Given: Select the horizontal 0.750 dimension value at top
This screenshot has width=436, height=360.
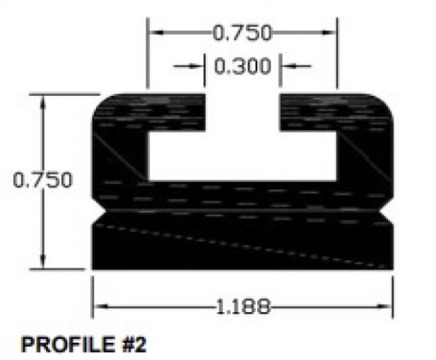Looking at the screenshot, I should pyautogui.click(x=242, y=33).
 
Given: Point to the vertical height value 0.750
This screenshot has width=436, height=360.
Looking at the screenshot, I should pyautogui.click(x=42, y=180).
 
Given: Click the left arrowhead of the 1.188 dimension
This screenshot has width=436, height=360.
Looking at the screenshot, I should pyautogui.click(x=99, y=306).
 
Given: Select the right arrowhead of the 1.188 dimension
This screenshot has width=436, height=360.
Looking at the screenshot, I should pyautogui.click(x=388, y=306).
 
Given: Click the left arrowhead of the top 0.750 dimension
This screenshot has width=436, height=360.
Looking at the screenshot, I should pyautogui.click(x=154, y=33).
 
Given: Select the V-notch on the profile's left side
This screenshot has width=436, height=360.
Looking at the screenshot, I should pyautogui.click(x=98, y=212).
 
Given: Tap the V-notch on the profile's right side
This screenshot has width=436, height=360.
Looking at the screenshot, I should pyautogui.click(x=390, y=212).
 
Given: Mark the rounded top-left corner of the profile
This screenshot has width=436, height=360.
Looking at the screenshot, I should pyautogui.click(x=99, y=98).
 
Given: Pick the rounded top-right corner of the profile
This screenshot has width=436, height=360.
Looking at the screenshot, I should pyautogui.click(x=387, y=98).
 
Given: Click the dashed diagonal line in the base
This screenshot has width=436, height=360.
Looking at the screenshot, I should pyautogui.click(x=244, y=243).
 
